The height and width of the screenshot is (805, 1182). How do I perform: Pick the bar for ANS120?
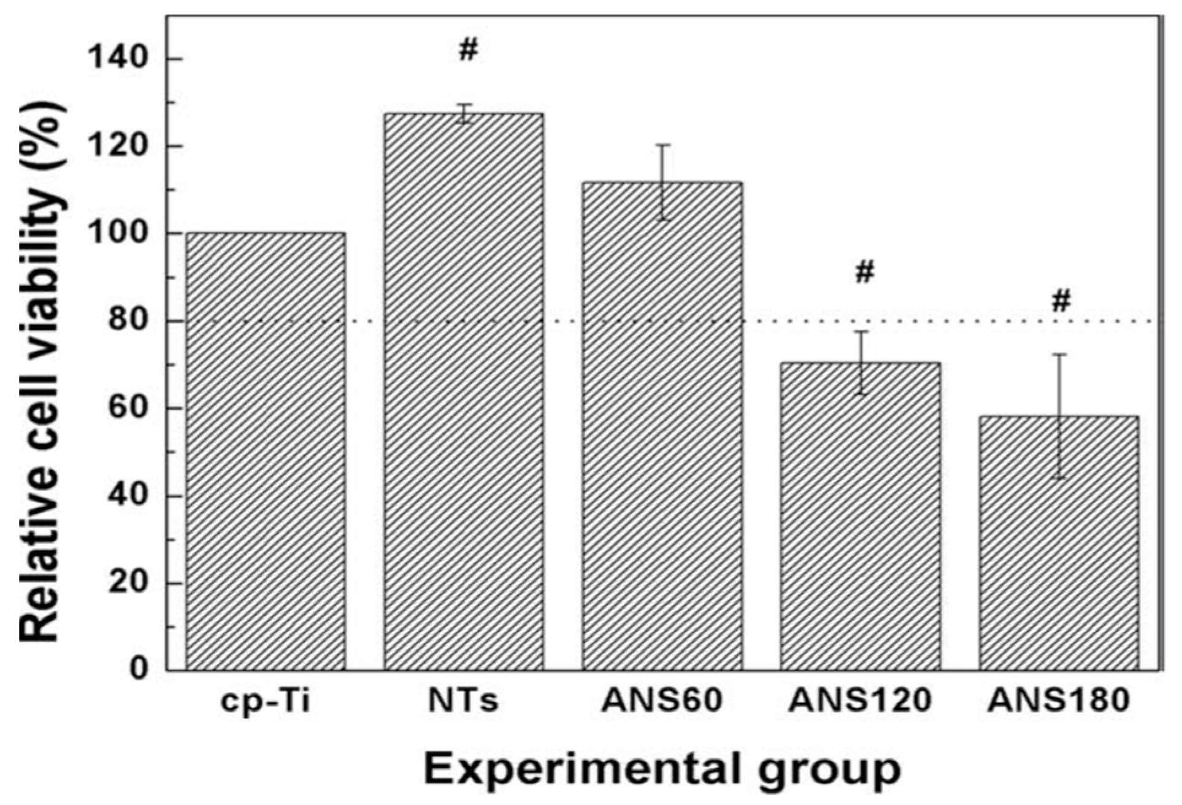(861, 516)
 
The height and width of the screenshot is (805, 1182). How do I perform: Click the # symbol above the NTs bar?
(468, 51)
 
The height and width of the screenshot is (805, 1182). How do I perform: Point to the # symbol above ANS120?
(864, 272)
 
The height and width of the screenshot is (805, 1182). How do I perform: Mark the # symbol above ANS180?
(1061, 301)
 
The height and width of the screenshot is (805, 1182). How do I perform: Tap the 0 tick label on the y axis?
(139, 668)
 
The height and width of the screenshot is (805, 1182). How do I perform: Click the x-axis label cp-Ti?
(266, 701)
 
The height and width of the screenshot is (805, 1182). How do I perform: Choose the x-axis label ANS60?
(662, 700)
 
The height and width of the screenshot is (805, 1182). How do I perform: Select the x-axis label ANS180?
(1059, 700)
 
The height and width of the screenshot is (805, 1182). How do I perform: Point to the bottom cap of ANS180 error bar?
(1059, 478)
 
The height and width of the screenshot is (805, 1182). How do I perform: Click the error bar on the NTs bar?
(465, 113)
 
